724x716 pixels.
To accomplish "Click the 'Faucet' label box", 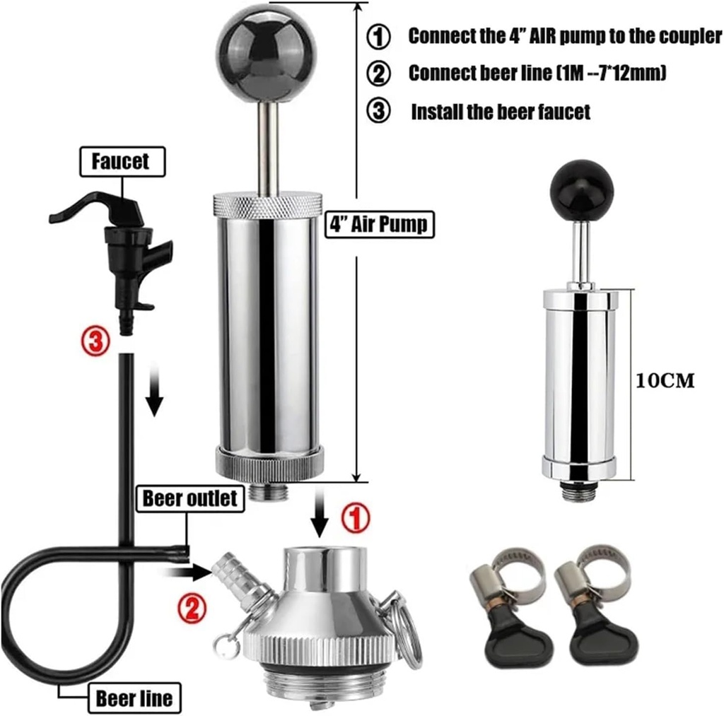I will pos(120,161).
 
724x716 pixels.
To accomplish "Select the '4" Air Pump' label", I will pos(378,224).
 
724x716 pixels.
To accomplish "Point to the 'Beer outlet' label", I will pos(189,498).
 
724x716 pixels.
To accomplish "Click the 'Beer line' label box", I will pos(134,698).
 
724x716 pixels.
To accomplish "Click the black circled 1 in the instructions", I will pos(379,37).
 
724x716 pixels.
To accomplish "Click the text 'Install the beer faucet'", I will pos(500,112).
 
